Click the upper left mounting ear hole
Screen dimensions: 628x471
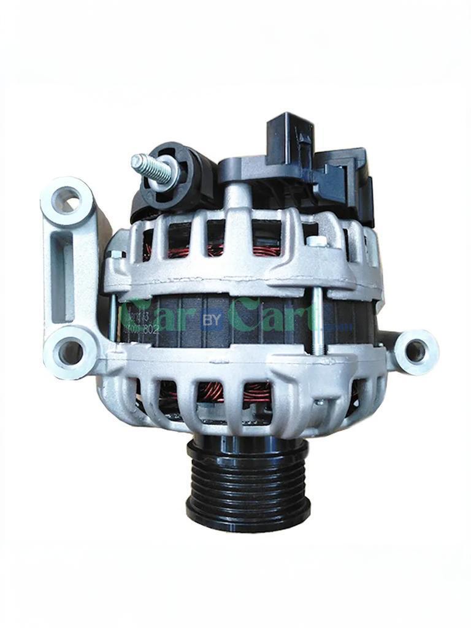(68, 200)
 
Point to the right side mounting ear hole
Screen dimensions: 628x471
(415, 351)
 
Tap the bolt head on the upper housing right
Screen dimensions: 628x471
(316, 242)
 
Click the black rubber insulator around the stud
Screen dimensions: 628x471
(184, 175)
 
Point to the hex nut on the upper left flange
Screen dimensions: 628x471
(115, 254)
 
